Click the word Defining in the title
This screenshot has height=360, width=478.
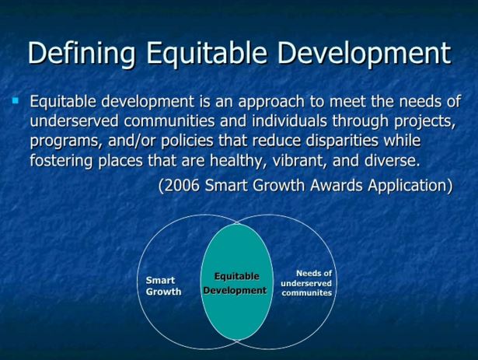[x=82, y=54]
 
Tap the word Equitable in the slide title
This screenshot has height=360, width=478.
[x=207, y=54]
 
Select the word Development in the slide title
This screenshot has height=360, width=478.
[x=364, y=54]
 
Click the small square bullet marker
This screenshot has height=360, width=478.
[x=16, y=100]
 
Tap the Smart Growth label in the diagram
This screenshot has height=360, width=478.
[x=163, y=286]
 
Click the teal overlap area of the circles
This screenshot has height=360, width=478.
[x=237, y=281]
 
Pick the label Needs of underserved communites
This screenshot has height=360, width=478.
[x=306, y=283]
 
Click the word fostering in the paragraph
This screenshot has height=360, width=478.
[x=61, y=161]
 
